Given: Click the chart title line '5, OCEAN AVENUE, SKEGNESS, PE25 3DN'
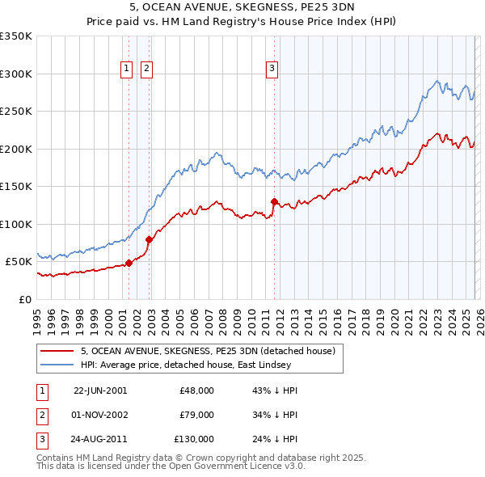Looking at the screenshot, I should [x=242, y=8].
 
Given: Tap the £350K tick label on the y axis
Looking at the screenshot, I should [x=16, y=36].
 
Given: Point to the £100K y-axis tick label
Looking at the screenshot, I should [x=16, y=224].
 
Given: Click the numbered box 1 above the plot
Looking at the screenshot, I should [x=128, y=70].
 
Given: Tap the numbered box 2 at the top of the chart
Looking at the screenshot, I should [x=146, y=70].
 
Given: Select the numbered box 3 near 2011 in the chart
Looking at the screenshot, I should [x=272, y=70].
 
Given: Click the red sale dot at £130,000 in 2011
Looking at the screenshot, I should [x=274, y=201].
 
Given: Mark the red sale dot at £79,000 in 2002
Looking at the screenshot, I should [x=149, y=239].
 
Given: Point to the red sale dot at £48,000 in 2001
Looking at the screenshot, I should [x=129, y=263].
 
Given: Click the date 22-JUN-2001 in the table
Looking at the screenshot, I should [x=100, y=390].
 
